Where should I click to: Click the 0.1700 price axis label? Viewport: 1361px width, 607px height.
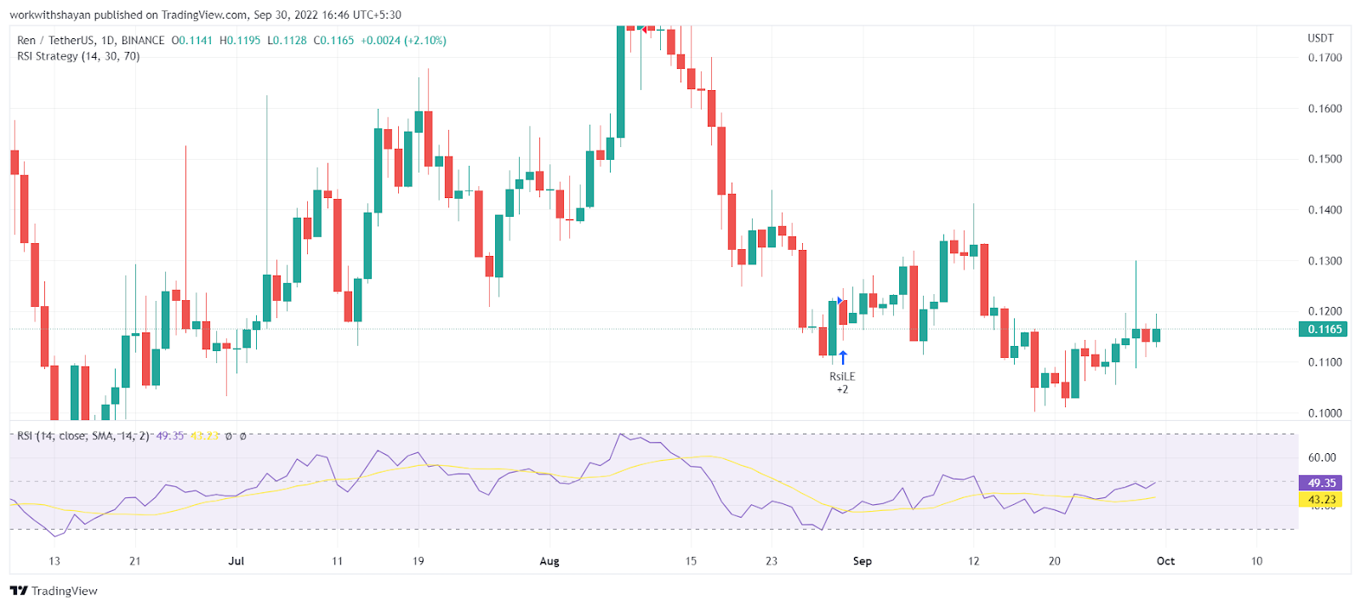[x=1324, y=58]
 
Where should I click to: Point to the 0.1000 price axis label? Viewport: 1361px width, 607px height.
[x=1324, y=413]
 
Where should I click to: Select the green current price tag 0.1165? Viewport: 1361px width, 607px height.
[x=1323, y=329]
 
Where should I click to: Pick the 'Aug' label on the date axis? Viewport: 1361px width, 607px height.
[x=550, y=561]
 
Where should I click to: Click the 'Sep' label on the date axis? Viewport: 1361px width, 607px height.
[x=863, y=561]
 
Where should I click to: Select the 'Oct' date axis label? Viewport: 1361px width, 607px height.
[x=1165, y=561]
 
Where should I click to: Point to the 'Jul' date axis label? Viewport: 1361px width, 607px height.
[x=236, y=561]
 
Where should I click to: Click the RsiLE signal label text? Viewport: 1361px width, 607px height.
[x=842, y=377]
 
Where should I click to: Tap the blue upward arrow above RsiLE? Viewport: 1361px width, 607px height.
[x=843, y=358]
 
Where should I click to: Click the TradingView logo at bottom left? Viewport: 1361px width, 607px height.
[x=54, y=591]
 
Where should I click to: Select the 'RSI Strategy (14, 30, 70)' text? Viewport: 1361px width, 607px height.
[x=78, y=56]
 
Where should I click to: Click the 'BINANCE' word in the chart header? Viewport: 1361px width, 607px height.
[x=143, y=40]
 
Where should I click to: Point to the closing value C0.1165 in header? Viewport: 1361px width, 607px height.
[x=333, y=40]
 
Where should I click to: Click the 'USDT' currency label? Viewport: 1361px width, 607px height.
[x=1320, y=38]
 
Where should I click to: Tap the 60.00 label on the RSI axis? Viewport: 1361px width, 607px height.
[x=1322, y=457]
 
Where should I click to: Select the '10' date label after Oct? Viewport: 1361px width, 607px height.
[x=1256, y=561]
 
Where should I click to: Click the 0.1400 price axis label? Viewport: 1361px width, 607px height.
[x=1324, y=210]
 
